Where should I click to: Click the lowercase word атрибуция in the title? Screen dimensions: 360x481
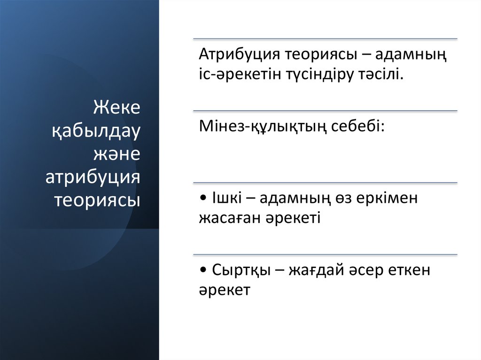93,177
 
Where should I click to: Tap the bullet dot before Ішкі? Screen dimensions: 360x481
202,199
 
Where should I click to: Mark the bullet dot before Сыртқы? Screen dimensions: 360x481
202,271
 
